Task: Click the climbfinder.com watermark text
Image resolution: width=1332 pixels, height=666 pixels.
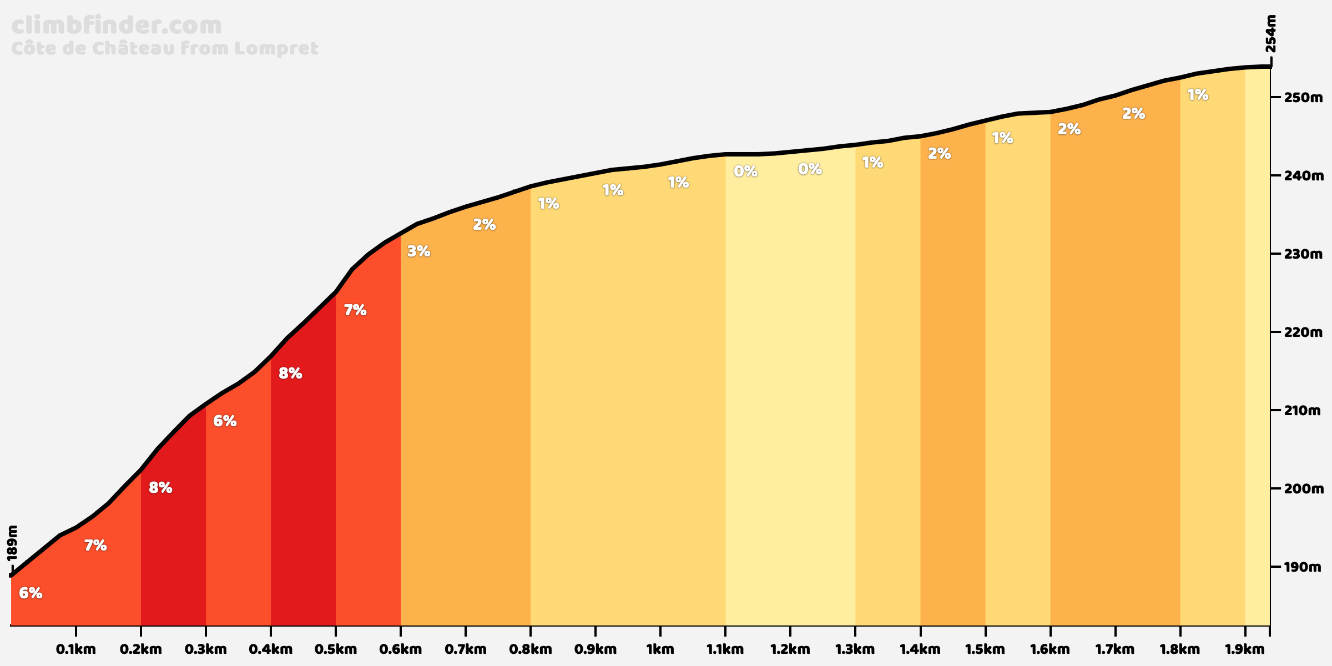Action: (x=117, y=26)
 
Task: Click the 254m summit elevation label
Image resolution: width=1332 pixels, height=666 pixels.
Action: (x=1270, y=33)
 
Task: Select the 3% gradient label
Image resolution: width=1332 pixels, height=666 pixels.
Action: (x=418, y=251)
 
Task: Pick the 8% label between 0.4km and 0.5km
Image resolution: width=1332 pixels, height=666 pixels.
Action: (x=290, y=374)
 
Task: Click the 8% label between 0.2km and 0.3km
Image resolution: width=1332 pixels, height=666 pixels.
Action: (x=160, y=488)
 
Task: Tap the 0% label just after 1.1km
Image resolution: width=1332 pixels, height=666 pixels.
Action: (x=745, y=171)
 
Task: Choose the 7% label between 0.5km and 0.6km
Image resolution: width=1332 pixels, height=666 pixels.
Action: (x=355, y=310)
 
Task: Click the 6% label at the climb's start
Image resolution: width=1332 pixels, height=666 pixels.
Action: (x=31, y=593)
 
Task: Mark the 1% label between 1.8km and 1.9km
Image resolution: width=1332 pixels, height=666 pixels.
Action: (x=1198, y=95)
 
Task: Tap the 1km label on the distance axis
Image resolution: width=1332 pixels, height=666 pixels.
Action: (x=660, y=649)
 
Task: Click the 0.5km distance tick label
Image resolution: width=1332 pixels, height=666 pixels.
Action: (x=335, y=649)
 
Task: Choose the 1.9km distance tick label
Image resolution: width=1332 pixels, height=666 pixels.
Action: (x=1245, y=649)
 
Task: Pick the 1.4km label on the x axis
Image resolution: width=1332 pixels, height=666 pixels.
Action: (x=920, y=649)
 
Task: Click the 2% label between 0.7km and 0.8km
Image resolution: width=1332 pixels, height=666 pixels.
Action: (x=484, y=225)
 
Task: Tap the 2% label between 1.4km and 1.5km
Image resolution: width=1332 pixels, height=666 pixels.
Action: (x=940, y=154)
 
